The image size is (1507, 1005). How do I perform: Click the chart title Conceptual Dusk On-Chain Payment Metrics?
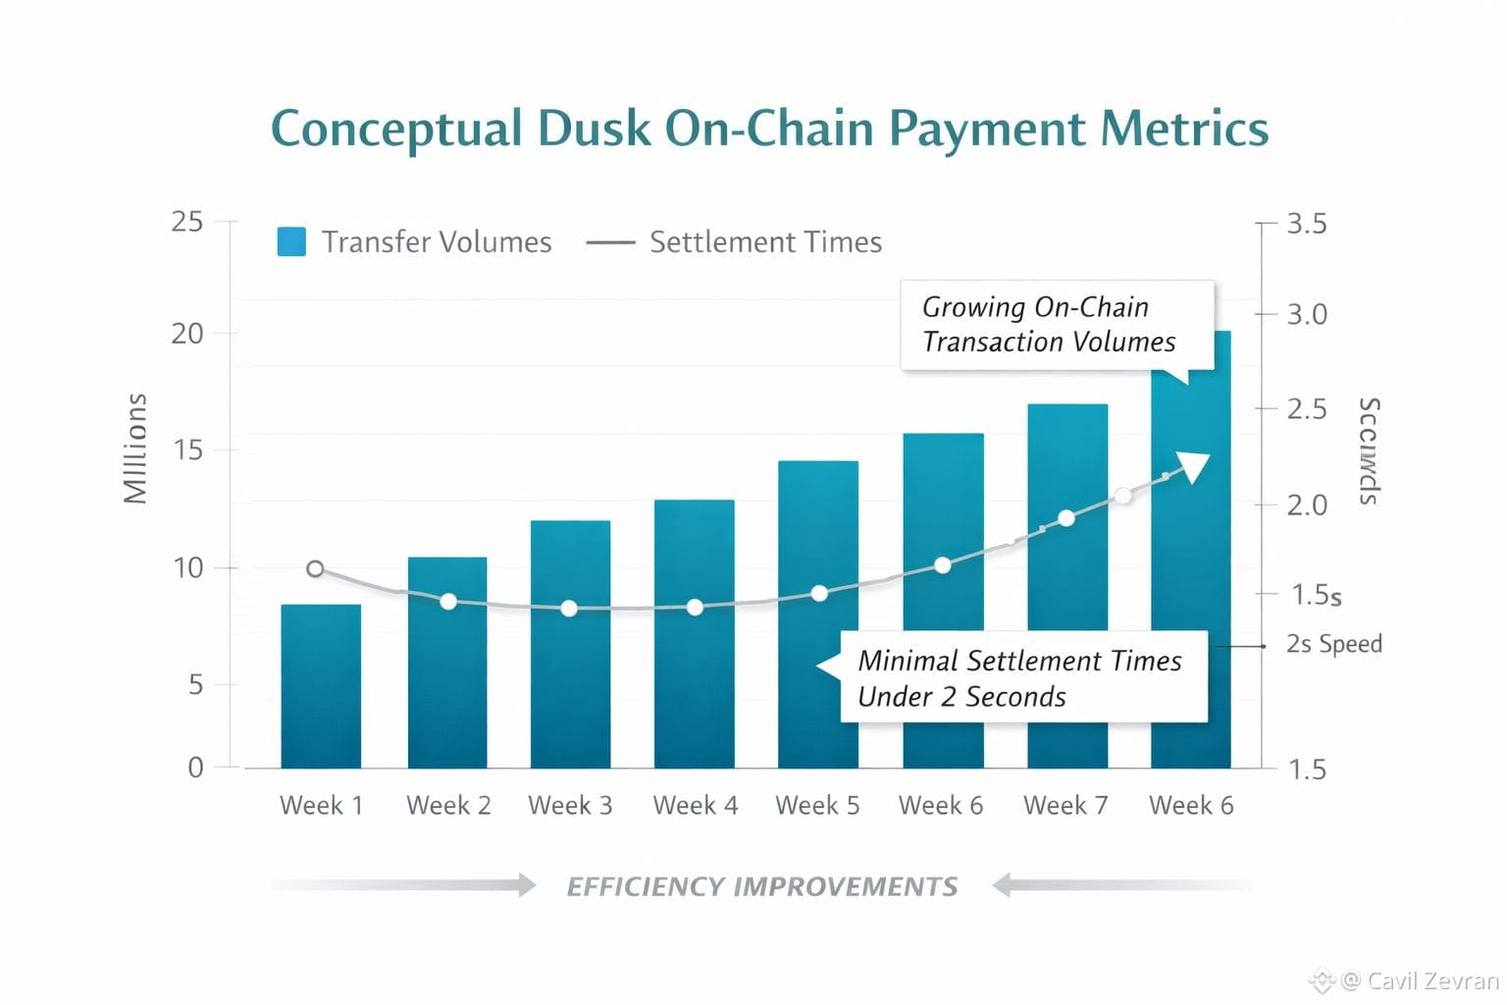click(769, 129)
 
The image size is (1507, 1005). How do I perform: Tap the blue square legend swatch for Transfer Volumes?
click(291, 241)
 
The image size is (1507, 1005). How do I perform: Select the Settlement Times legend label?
click(765, 242)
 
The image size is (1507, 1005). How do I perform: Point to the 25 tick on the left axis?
click(187, 222)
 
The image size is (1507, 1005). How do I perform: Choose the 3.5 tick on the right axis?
click(1306, 224)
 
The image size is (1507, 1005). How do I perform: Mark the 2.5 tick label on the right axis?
click(1306, 408)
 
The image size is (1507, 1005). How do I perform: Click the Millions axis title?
click(135, 449)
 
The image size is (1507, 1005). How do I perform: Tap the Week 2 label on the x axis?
click(448, 806)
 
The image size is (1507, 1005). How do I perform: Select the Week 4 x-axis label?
click(695, 806)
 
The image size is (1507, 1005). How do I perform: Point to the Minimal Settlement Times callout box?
click(1022, 677)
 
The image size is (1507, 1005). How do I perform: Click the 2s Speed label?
click(1333, 644)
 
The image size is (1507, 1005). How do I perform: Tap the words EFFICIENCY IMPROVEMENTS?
click(762, 887)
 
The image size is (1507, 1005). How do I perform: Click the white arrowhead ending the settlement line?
click(1194, 466)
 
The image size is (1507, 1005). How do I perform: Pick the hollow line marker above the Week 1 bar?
click(315, 569)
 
